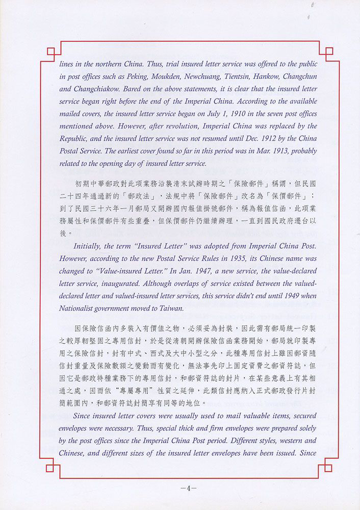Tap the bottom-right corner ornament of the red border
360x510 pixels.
[x=328, y=467]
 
